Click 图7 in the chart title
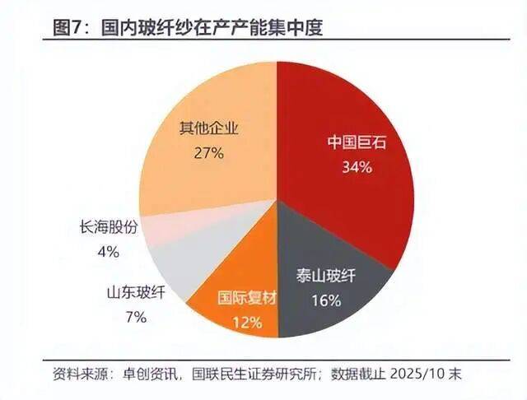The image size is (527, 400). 68,28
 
